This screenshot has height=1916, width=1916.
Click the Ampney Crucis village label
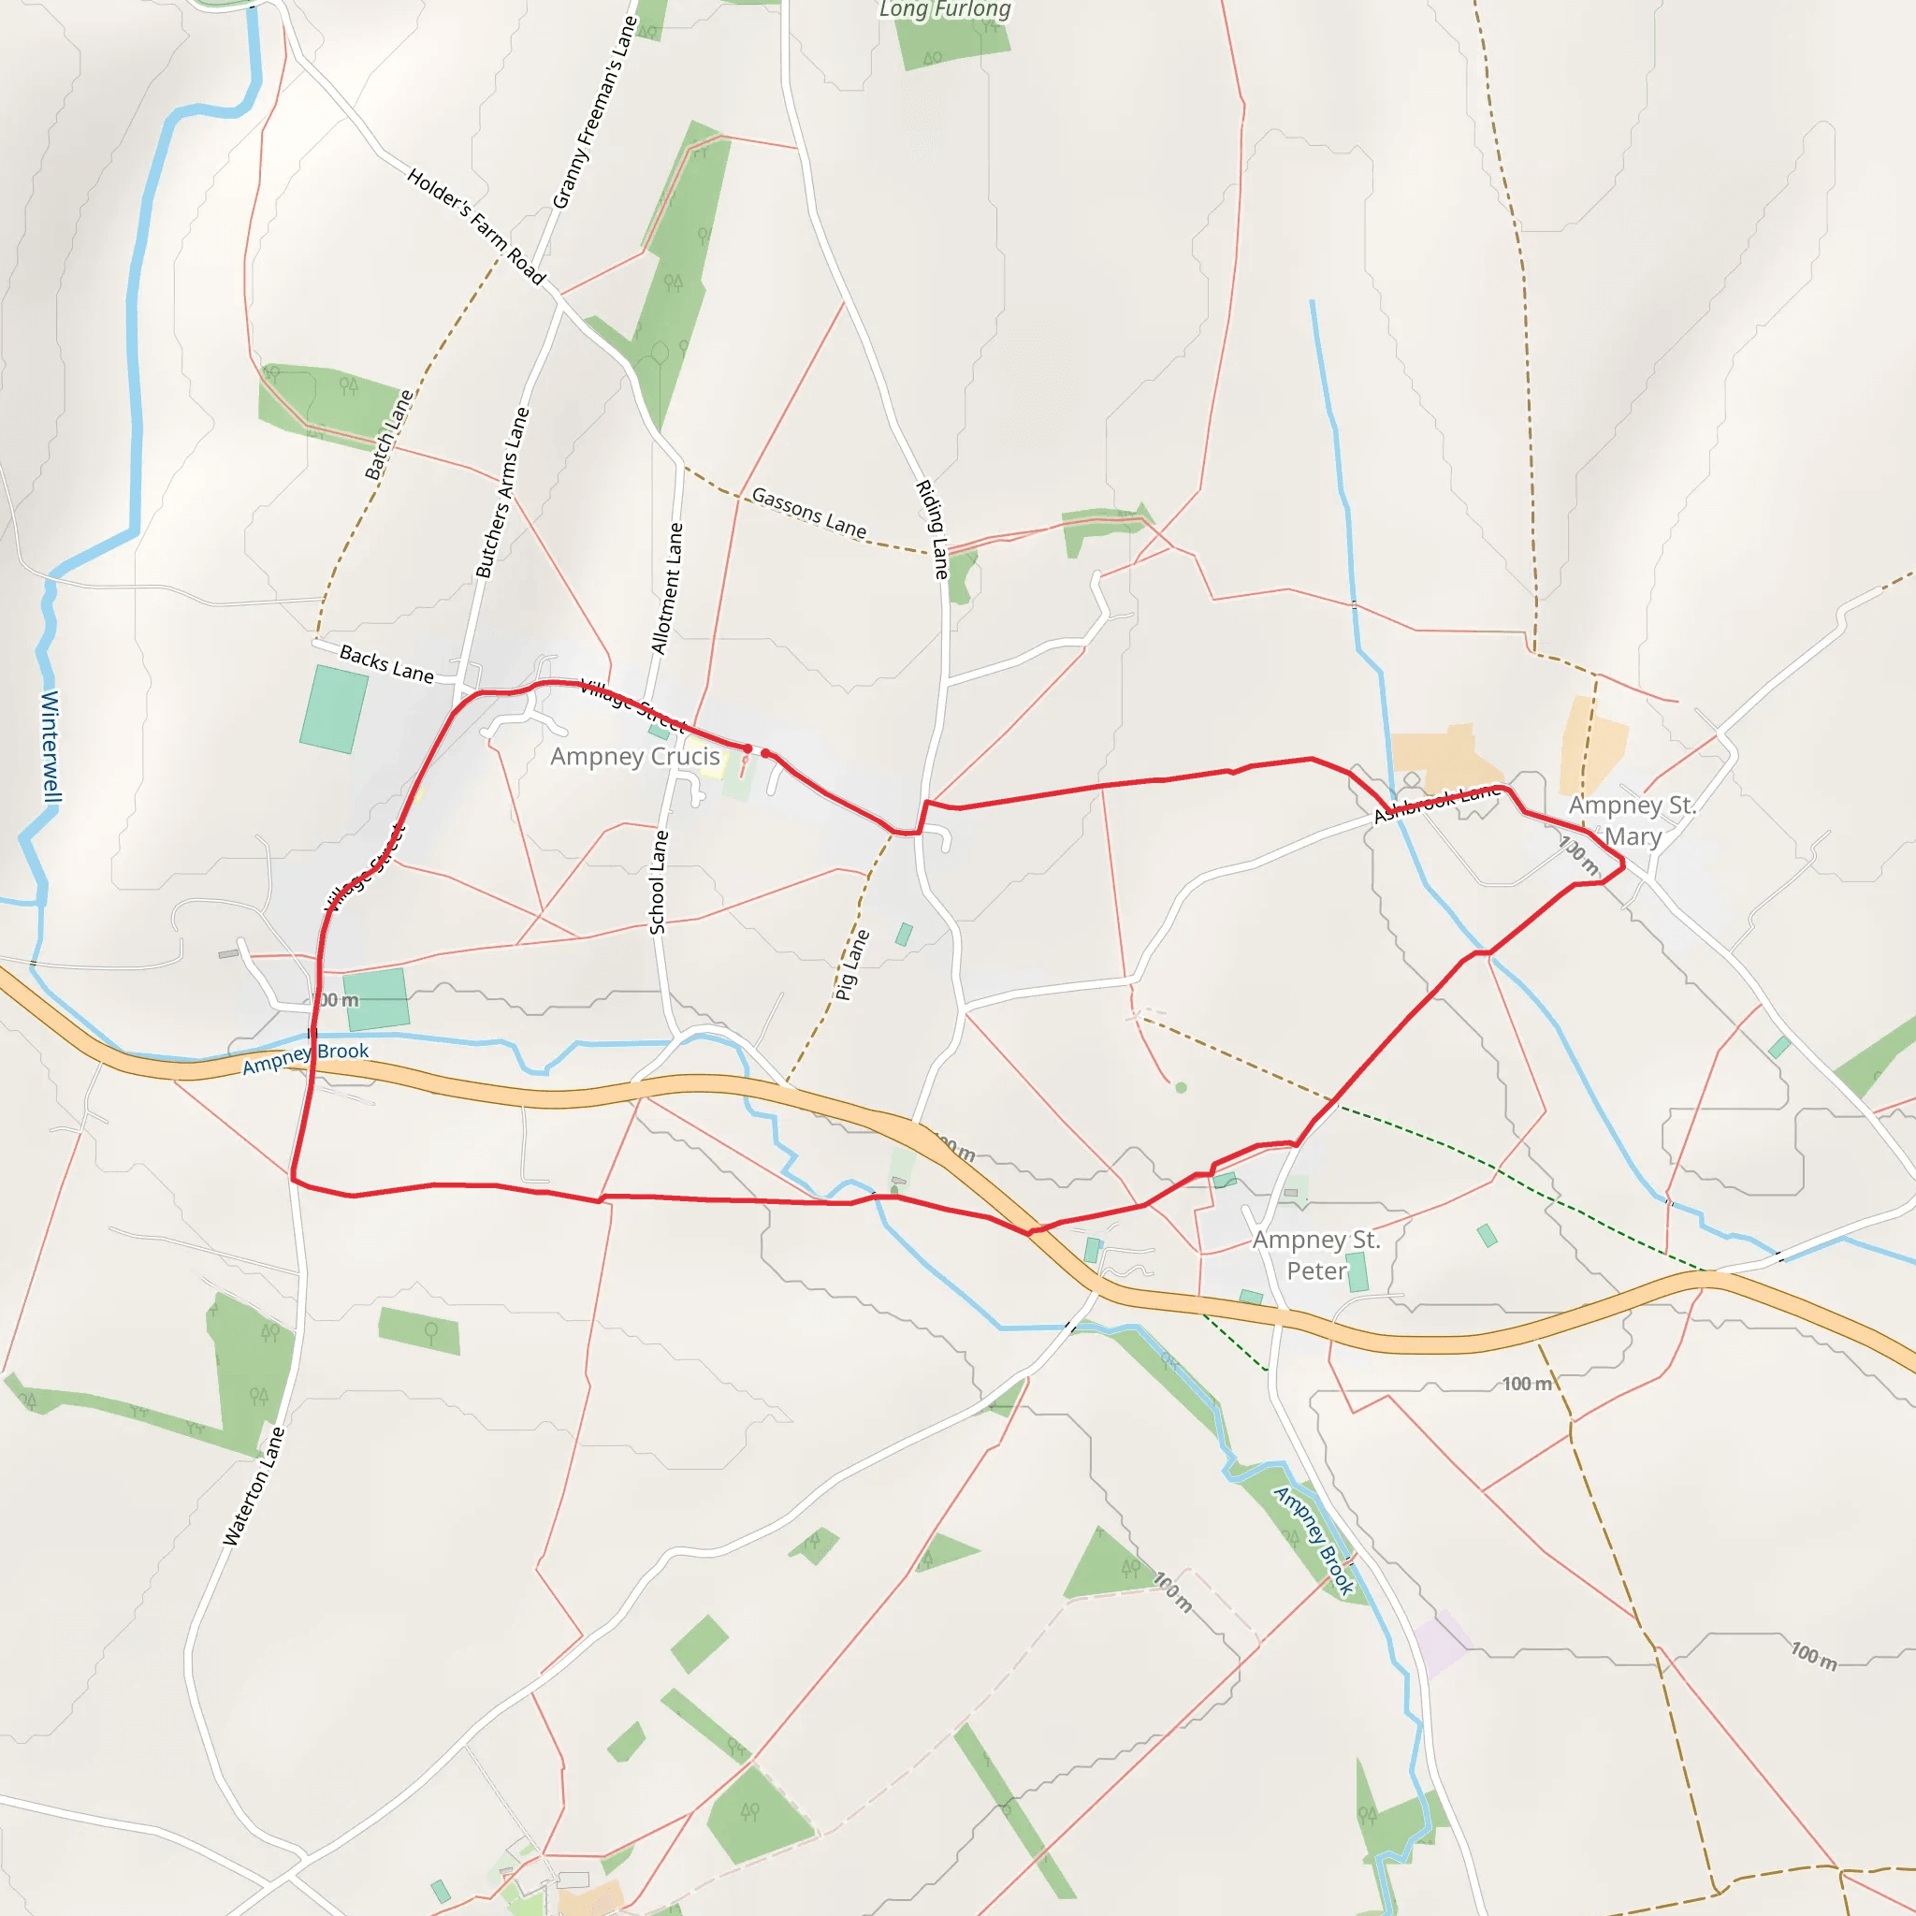coord(634,757)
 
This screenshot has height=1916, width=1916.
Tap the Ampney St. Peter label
coord(1316,1255)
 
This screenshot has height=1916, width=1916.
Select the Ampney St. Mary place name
coord(1632,820)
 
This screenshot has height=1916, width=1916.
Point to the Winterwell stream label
coord(51,746)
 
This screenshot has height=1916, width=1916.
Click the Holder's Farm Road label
coord(476,226)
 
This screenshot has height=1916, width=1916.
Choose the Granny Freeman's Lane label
coord(594,113)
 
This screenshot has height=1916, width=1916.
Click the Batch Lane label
coord(389,435)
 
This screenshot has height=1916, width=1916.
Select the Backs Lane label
coord(386,663)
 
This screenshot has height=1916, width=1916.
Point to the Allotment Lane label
coord(667,589)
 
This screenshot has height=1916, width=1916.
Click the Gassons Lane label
coord(808,512)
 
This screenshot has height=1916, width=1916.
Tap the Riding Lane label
coord(932,530)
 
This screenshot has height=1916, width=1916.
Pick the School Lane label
coord(659,881)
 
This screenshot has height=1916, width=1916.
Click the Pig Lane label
coord(852,964)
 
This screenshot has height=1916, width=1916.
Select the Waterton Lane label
coord(254,1486)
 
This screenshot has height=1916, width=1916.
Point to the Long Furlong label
coord(945,10)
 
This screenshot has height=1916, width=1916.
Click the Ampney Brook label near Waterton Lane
coord(305,1058)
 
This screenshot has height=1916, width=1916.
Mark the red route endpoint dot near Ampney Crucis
coord(765,754)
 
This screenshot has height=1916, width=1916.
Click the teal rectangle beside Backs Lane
coord(334,709)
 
